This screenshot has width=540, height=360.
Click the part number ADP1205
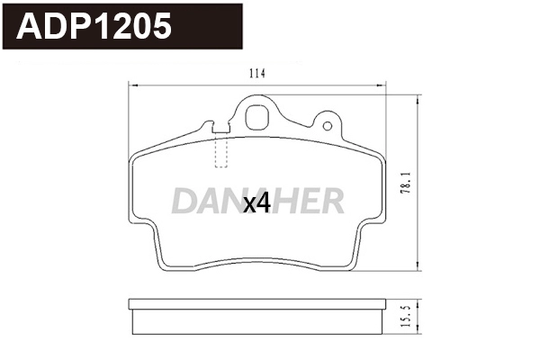(x=94, y=27)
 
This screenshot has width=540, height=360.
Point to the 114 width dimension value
(x=258, y=74)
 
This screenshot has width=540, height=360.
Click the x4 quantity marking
(x=257, y=205)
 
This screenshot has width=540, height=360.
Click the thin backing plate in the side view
(x=258, y=304)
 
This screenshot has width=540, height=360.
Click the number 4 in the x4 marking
(x=264, y=205)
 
